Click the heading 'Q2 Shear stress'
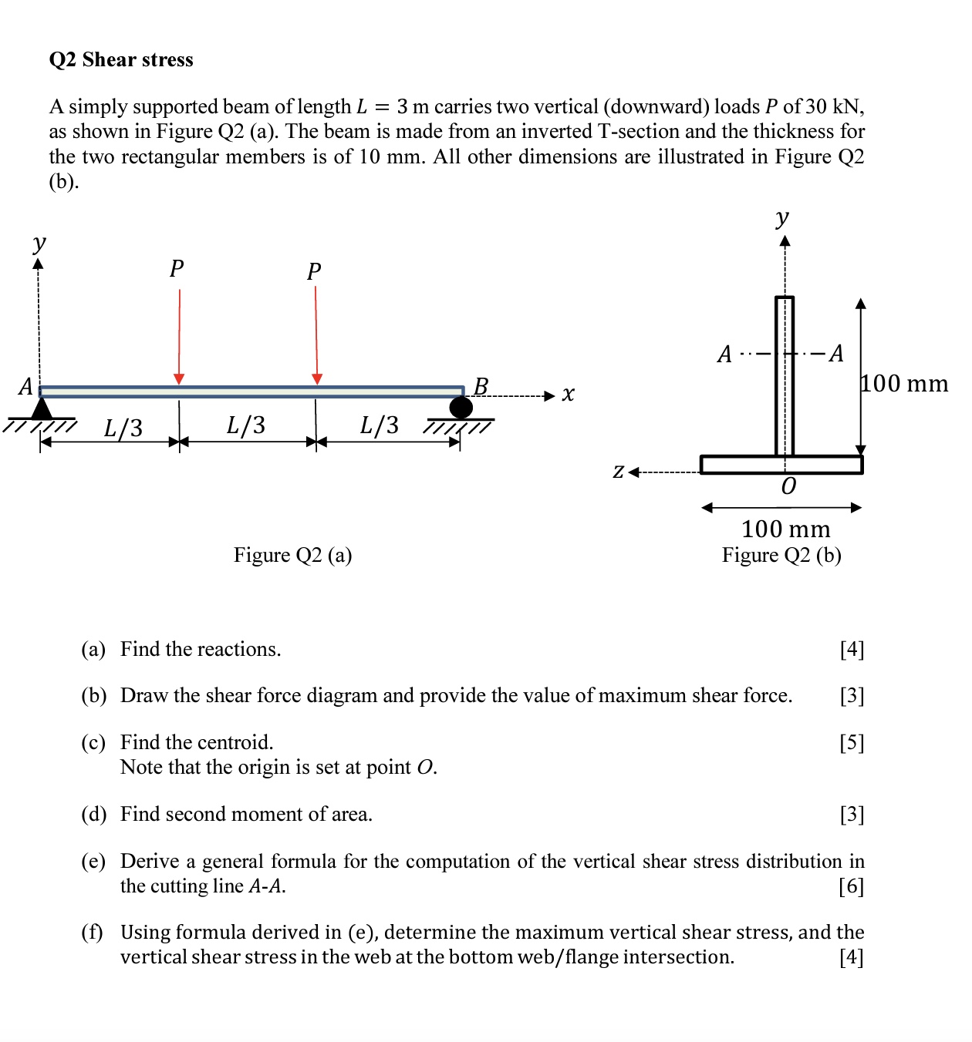click(x=121, y=60)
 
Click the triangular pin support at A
click(x=42, y=408)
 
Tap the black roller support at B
click(x=461, y=408)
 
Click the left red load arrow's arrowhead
click(x=179, y=378)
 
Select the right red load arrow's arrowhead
click(x=316, y=378)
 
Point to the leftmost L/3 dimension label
click(x=123, y=428)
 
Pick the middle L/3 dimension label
click(x=246, y=425)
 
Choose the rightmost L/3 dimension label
click(x=380, y=425)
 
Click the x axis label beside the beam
click(x=569, y=395)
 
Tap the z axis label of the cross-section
click(x=619, y=471)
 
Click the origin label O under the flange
click(x=788, y=486)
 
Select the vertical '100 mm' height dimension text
click(x=905, y=384)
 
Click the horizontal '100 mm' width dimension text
click(x=785, y=529)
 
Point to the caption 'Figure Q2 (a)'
click(x=292, y=556)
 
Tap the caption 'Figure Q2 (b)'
click(x=781, y=556)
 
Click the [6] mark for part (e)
click(x=852, y=886)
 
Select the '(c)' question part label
click(x=93, y=743)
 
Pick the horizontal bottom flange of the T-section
click(x=781, y=465)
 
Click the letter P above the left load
click(x=177, y=269)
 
